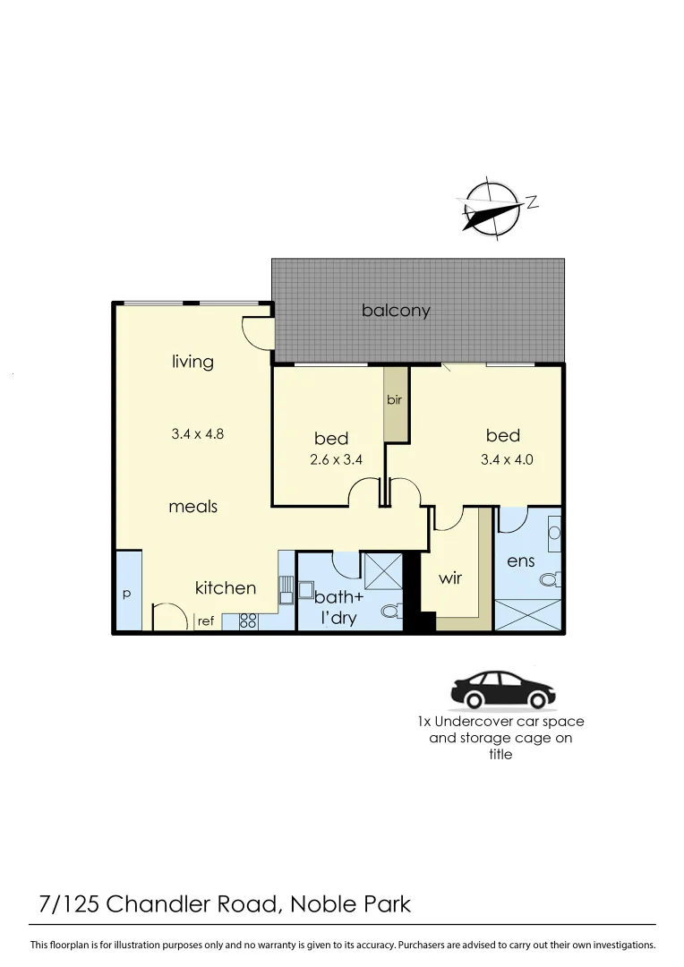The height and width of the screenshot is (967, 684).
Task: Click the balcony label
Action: pos(396,311)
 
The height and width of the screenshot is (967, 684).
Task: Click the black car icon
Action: pos(502,689)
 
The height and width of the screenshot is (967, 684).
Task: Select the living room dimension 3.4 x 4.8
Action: pos(197,434)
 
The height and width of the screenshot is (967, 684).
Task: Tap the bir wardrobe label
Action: pos(395,400)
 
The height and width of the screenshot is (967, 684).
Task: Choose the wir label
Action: pos(450,578)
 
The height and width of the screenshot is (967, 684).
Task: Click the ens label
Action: pos(520,561)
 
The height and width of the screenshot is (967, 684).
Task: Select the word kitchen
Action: pos(226,588)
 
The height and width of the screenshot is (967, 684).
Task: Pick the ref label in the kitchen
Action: pos(206,620)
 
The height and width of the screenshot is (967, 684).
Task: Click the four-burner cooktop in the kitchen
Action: pos(248,620)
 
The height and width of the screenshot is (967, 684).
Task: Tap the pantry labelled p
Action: pos(126,594)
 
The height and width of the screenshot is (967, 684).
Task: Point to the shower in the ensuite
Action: pos(528,617)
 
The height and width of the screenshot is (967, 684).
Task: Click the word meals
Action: pos(193,507)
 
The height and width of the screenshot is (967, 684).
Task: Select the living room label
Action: pos(192,362)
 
